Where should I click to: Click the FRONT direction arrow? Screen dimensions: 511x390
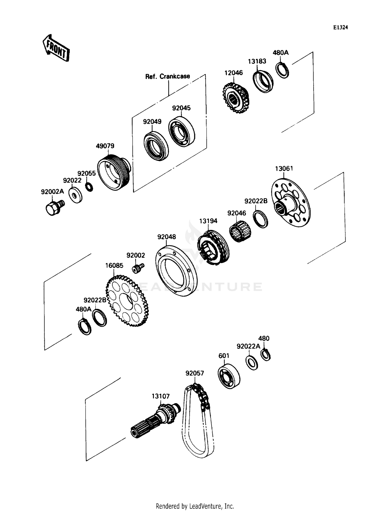point(56,48)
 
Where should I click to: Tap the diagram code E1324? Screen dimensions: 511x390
point(341,28)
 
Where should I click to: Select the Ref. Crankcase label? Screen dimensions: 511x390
point(167,76)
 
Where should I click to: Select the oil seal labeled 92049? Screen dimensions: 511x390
point(156,146)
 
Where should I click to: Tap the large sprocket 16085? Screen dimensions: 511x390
point(127,301)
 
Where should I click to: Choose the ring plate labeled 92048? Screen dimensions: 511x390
point(176,271)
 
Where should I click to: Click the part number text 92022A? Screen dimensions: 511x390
point(248,346)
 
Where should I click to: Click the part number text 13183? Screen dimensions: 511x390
point(257,61)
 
